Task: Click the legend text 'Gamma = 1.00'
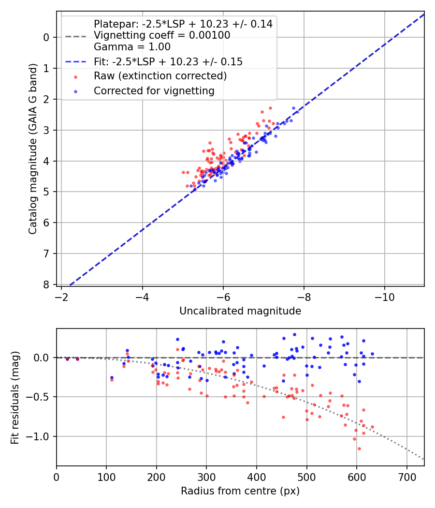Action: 132,47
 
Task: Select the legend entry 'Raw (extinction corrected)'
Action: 160,76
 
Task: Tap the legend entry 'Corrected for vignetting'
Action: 154,90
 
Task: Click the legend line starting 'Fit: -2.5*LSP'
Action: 168,61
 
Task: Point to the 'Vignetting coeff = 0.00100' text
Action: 162,35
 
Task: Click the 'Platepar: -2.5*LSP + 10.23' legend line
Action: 183,24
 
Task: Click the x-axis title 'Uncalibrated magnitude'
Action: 240,311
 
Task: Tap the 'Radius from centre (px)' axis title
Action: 240,491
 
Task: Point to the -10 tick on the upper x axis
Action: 385,295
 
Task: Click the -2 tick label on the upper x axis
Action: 61,295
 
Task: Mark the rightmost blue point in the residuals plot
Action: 372,354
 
